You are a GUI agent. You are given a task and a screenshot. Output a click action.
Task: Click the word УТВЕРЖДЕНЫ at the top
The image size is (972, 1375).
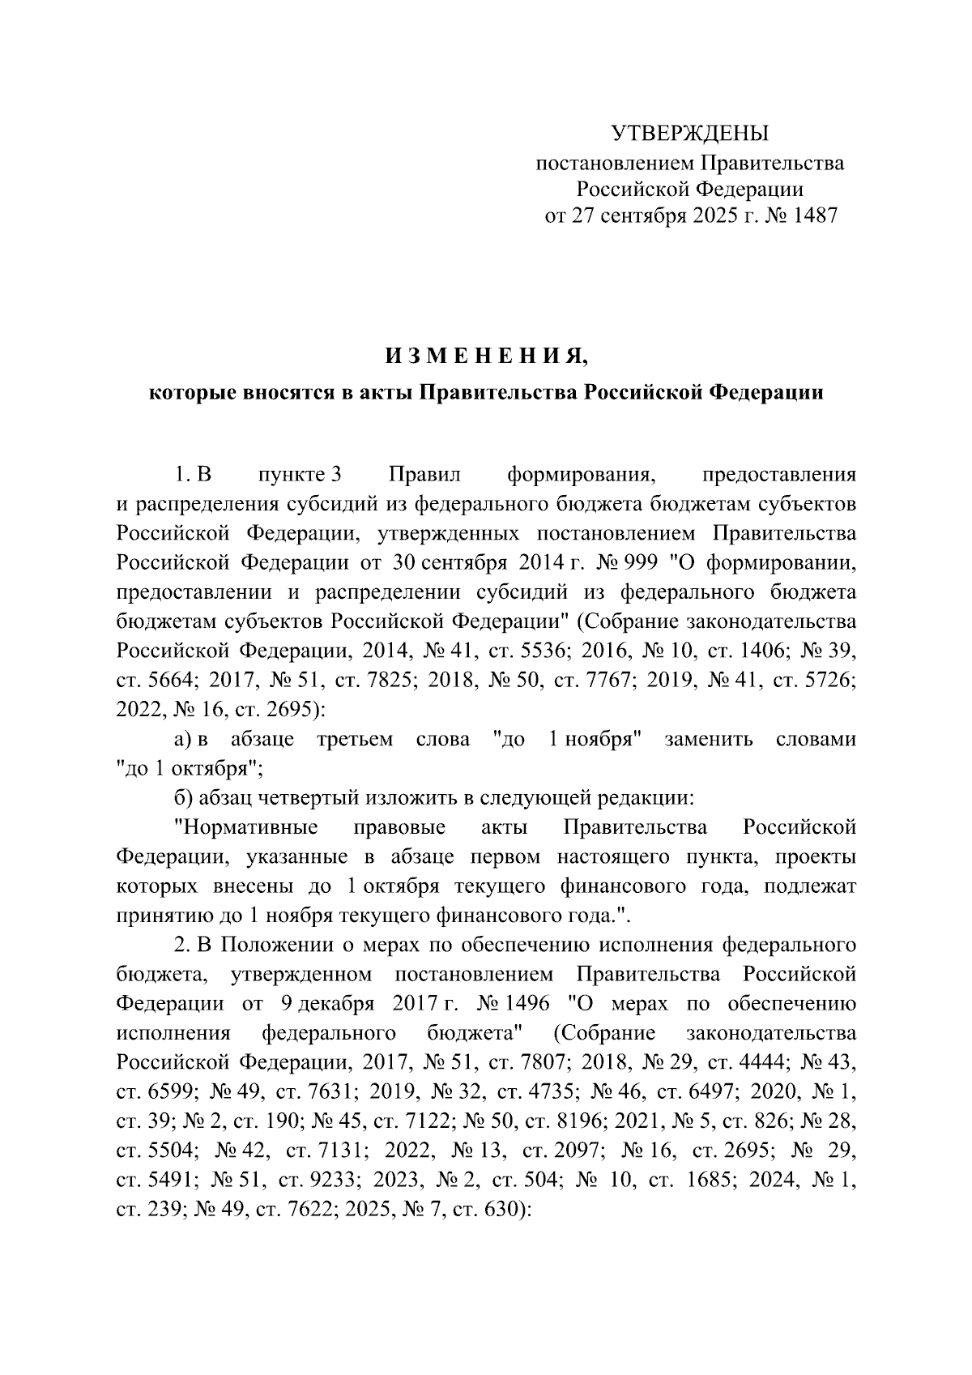click(x=690, y=133)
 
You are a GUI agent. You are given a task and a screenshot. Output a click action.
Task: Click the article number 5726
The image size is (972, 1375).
click(x=832, y=679)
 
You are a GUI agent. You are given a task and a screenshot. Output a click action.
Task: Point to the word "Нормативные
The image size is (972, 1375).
click(x=246, y=827)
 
